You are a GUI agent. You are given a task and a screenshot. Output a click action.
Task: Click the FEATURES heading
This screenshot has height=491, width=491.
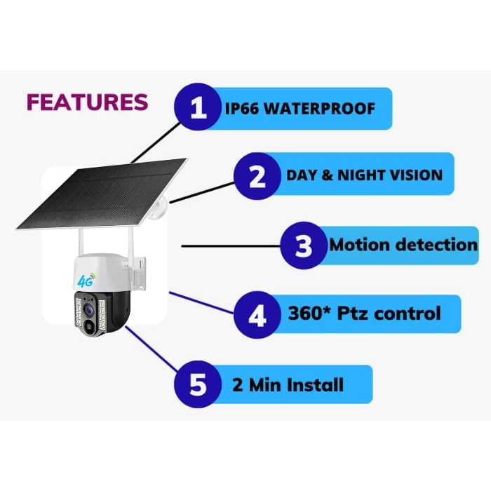pos(87,102)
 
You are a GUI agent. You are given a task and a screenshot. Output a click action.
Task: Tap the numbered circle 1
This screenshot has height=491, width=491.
pos(199,109)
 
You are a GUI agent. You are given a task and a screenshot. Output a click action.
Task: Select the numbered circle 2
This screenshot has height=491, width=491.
pos(257,176)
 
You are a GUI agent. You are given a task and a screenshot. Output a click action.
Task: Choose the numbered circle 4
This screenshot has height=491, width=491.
pos(257,315)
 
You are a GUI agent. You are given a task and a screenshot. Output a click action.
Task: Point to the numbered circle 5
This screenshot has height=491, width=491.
pos(199,384)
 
